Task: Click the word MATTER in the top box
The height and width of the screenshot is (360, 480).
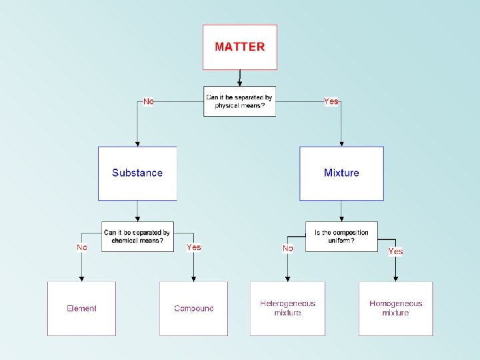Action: coord(239,47)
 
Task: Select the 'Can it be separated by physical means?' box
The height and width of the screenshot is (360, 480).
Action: coord(239,101)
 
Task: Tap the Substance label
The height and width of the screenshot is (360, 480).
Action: coord(137,173)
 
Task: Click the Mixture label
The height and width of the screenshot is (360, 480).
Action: coord(341,173)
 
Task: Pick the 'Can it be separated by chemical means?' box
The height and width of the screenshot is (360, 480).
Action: coord(137,237)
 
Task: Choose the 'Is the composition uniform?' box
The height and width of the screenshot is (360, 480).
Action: coord(341,237)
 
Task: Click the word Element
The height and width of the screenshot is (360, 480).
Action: coord(81,309)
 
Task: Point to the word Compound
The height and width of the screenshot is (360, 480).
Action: coord(193,309)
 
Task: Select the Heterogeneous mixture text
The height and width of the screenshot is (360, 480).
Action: coord(287,308)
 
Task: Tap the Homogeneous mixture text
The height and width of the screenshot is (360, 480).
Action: coord(395,308)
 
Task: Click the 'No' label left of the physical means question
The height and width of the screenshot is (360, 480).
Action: coord(148,101)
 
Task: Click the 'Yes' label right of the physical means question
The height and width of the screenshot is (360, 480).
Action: coord(331,101)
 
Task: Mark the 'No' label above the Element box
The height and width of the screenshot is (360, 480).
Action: coord(81,247)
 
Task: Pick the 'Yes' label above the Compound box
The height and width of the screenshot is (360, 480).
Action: coord(193,247)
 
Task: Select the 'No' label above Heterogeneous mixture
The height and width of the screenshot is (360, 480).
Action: coord(287,248)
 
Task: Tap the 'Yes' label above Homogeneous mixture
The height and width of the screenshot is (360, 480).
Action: coord(395,251)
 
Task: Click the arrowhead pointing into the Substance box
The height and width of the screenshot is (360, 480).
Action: coord(137,143)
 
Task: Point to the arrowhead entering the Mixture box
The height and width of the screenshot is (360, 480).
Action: coord(341,143)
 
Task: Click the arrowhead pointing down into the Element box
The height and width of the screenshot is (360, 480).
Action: coord(81,279)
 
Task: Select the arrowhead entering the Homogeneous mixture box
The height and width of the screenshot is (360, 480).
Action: coord(395,279)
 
